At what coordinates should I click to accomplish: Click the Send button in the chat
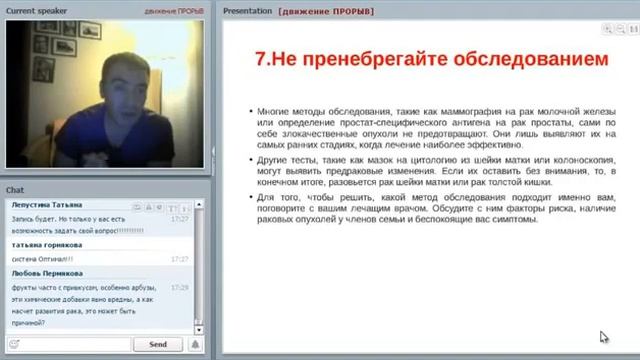(x=157, y=344)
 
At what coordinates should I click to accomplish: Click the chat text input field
(x=67, y=344)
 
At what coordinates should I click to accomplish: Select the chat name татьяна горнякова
(x=48, y=244)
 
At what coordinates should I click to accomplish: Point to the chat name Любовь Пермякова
(x=48, y=272)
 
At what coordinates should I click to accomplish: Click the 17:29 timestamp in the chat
(x=180, y=287)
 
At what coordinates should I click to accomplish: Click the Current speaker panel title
(x=36, y=9)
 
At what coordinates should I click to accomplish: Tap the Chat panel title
(x=15, y=189)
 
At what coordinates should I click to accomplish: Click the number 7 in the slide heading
(x=261, y=59)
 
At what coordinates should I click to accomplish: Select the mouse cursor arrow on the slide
(x=603, y=338)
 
